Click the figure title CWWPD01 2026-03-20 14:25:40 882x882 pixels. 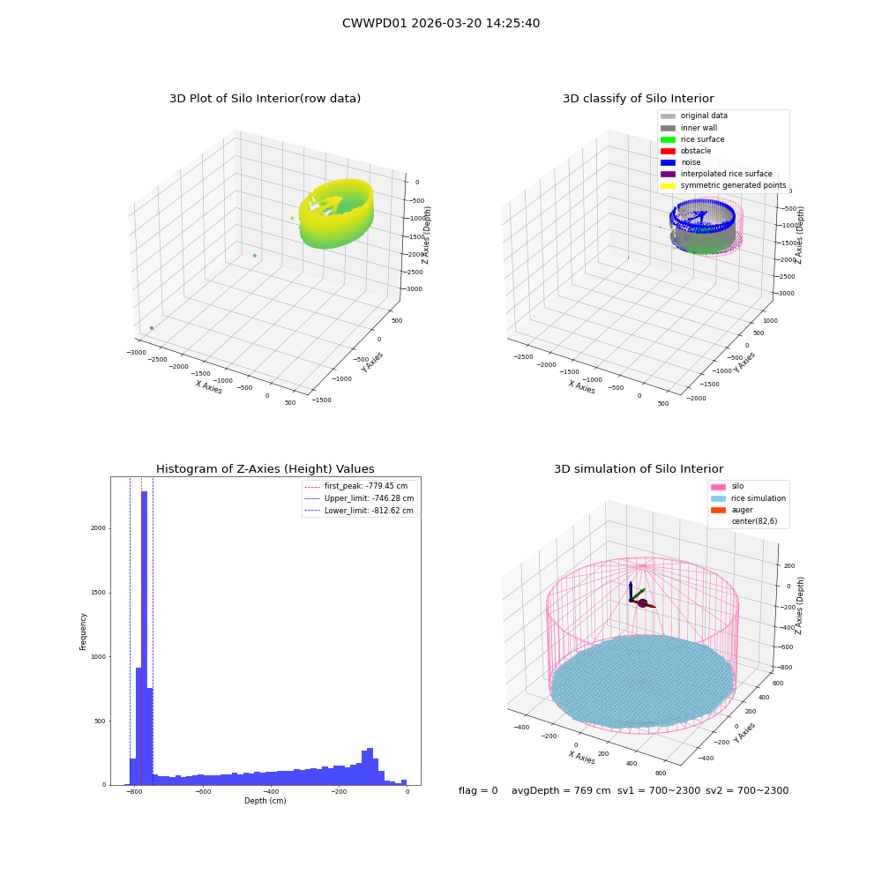click(x=441, y=24)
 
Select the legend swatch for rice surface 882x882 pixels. click(x=668, y=139)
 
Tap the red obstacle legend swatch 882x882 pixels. click(x=668, y=151)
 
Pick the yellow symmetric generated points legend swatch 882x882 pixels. click(x=668, y=185)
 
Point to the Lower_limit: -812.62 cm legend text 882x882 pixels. click(x=369, y=511)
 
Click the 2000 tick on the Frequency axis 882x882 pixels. click(x=98, y=528)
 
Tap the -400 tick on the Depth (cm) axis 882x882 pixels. click(x=271, y=792)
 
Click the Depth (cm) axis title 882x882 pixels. click(x=265, y=801)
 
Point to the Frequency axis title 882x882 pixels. click(x=83, y=632)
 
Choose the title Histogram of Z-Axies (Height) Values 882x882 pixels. click(x=265, y=469)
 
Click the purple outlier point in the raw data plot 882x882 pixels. click(x=152, y=328)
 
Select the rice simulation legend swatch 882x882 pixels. click(x=718, y=498)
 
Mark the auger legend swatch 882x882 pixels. click(x=718, y=510)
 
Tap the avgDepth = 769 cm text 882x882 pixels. click(x=561, y=791)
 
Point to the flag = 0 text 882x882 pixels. click(x=478, y=791)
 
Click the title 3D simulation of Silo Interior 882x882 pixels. click(x=639, y=469)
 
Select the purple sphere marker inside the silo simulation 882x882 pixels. click(x=642, y=603)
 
